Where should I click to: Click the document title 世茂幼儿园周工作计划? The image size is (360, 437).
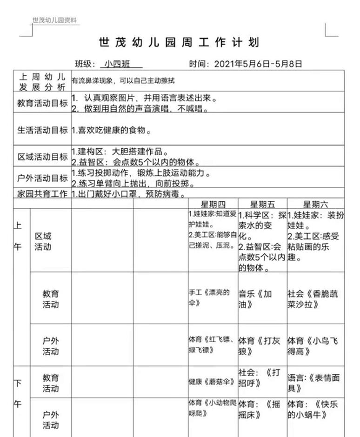pyautogui.click(x=179, y=43)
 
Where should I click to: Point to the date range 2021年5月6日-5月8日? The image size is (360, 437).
pyautogui.click(x=258, y=64)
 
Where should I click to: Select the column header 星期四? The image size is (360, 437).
pyautogui.click(x=213, y=204)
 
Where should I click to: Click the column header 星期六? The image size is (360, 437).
pyautogui.click(x=316, y=204)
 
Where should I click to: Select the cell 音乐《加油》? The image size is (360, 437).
pyautogui.click(x=255, y=299)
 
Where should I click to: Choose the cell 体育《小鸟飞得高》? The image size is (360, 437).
pyautogui.click(x=313, y=345)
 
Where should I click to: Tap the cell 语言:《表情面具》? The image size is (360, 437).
pyautogui.click(x=313, y=382)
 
